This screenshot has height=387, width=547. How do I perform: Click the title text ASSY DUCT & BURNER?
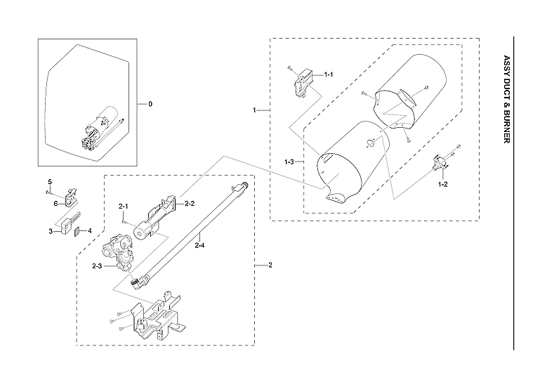(506, 100)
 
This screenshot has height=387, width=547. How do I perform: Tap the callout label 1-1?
(328, 74)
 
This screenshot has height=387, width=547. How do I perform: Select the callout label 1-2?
(442, 183)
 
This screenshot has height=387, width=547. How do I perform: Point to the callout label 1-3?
(289, 162)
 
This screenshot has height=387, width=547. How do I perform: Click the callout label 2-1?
(124, 206)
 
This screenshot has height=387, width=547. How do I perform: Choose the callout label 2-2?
(189, 203)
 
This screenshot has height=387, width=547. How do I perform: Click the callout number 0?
(150, 104)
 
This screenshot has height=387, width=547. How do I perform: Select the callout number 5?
(50, 182)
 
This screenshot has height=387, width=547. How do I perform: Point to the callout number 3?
(51, 230)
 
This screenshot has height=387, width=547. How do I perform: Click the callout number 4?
(89, 230)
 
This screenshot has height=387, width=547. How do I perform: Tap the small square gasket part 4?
(78, 230)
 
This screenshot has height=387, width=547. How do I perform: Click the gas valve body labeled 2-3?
(119, 252)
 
